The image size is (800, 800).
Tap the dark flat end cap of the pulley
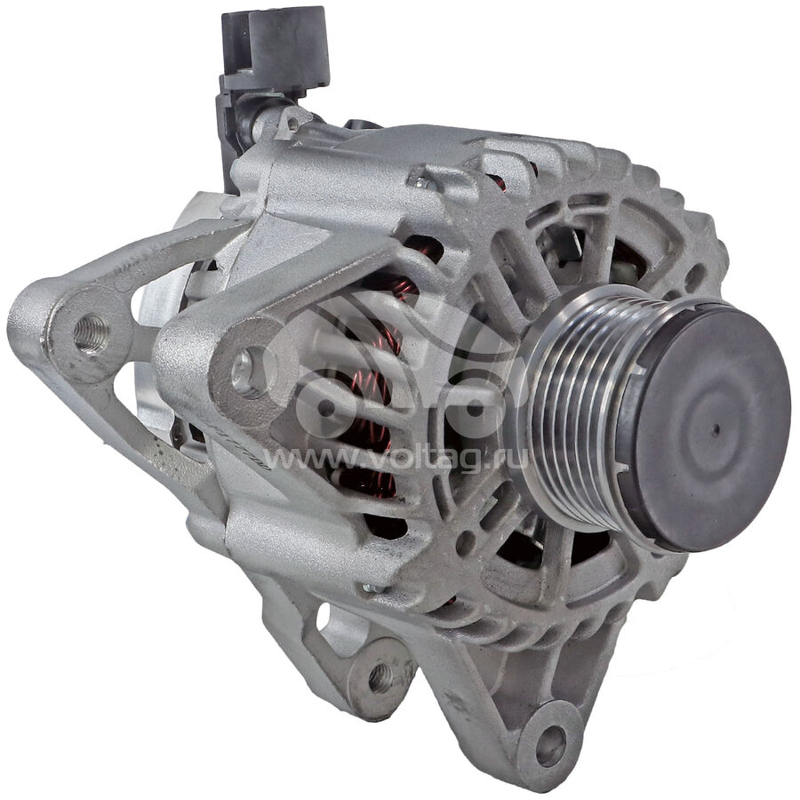[x=711, y=428]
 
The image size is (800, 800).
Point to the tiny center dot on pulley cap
[x=716, y=429]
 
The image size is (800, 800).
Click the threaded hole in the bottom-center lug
[x=380, y=677]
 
